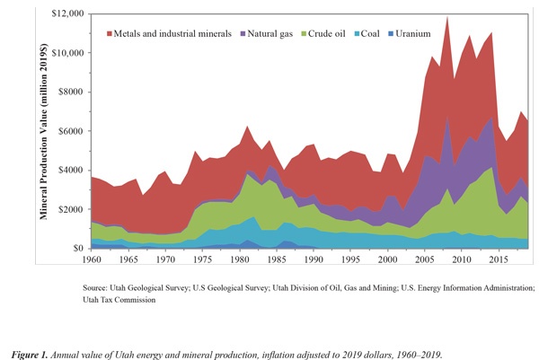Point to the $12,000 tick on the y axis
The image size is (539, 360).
coord(68,14)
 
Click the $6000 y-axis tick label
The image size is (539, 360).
coord(72,131)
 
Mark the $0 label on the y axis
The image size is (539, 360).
coord(80,248)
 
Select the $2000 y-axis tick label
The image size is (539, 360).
coord(72,209)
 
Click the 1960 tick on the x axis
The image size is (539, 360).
coord(91,259)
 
